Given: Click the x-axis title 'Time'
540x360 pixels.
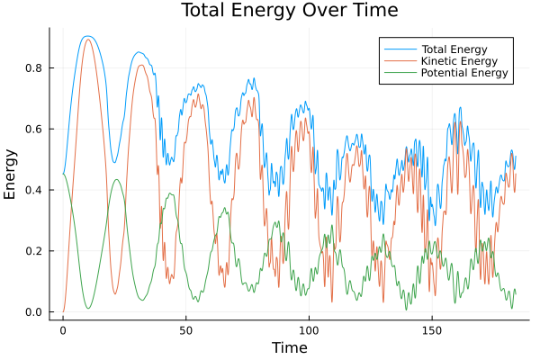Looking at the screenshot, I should click(x=290, y=347).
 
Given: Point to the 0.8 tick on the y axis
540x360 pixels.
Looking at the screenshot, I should click(x=35, y=68).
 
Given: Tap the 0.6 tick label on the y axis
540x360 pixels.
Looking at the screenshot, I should click(x=35, y=129).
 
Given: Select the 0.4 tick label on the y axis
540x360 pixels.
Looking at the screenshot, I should click(x=35, y=190).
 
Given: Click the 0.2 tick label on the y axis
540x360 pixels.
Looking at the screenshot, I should click(x=35, y=251).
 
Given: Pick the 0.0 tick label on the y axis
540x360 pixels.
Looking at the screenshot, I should click(x=35, y=312).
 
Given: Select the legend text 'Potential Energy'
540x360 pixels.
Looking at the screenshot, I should click(x=464, y=72).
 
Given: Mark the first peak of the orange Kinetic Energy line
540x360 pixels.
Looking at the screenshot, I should click(x=87, y=40).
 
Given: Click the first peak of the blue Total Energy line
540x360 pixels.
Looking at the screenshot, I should click(x=87, y=36).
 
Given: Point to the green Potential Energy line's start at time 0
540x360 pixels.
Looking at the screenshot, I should click(x=63, y=174).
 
